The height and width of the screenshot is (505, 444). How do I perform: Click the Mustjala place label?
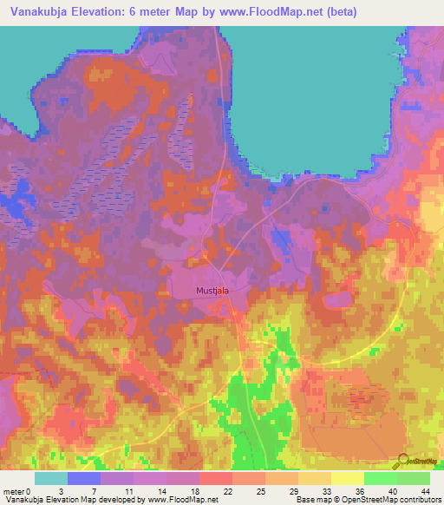[212, 291]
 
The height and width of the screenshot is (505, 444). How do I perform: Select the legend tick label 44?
[426, 491]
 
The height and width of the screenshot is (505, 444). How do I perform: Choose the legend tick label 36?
[360, 491]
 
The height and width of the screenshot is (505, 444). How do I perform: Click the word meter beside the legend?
[15, 491]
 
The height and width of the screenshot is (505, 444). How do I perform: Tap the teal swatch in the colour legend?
[50, 478]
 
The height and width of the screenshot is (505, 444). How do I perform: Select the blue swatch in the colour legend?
[83, 478]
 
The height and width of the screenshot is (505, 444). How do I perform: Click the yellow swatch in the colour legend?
[347, 478]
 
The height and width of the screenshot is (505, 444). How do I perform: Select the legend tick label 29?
[295, 491]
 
